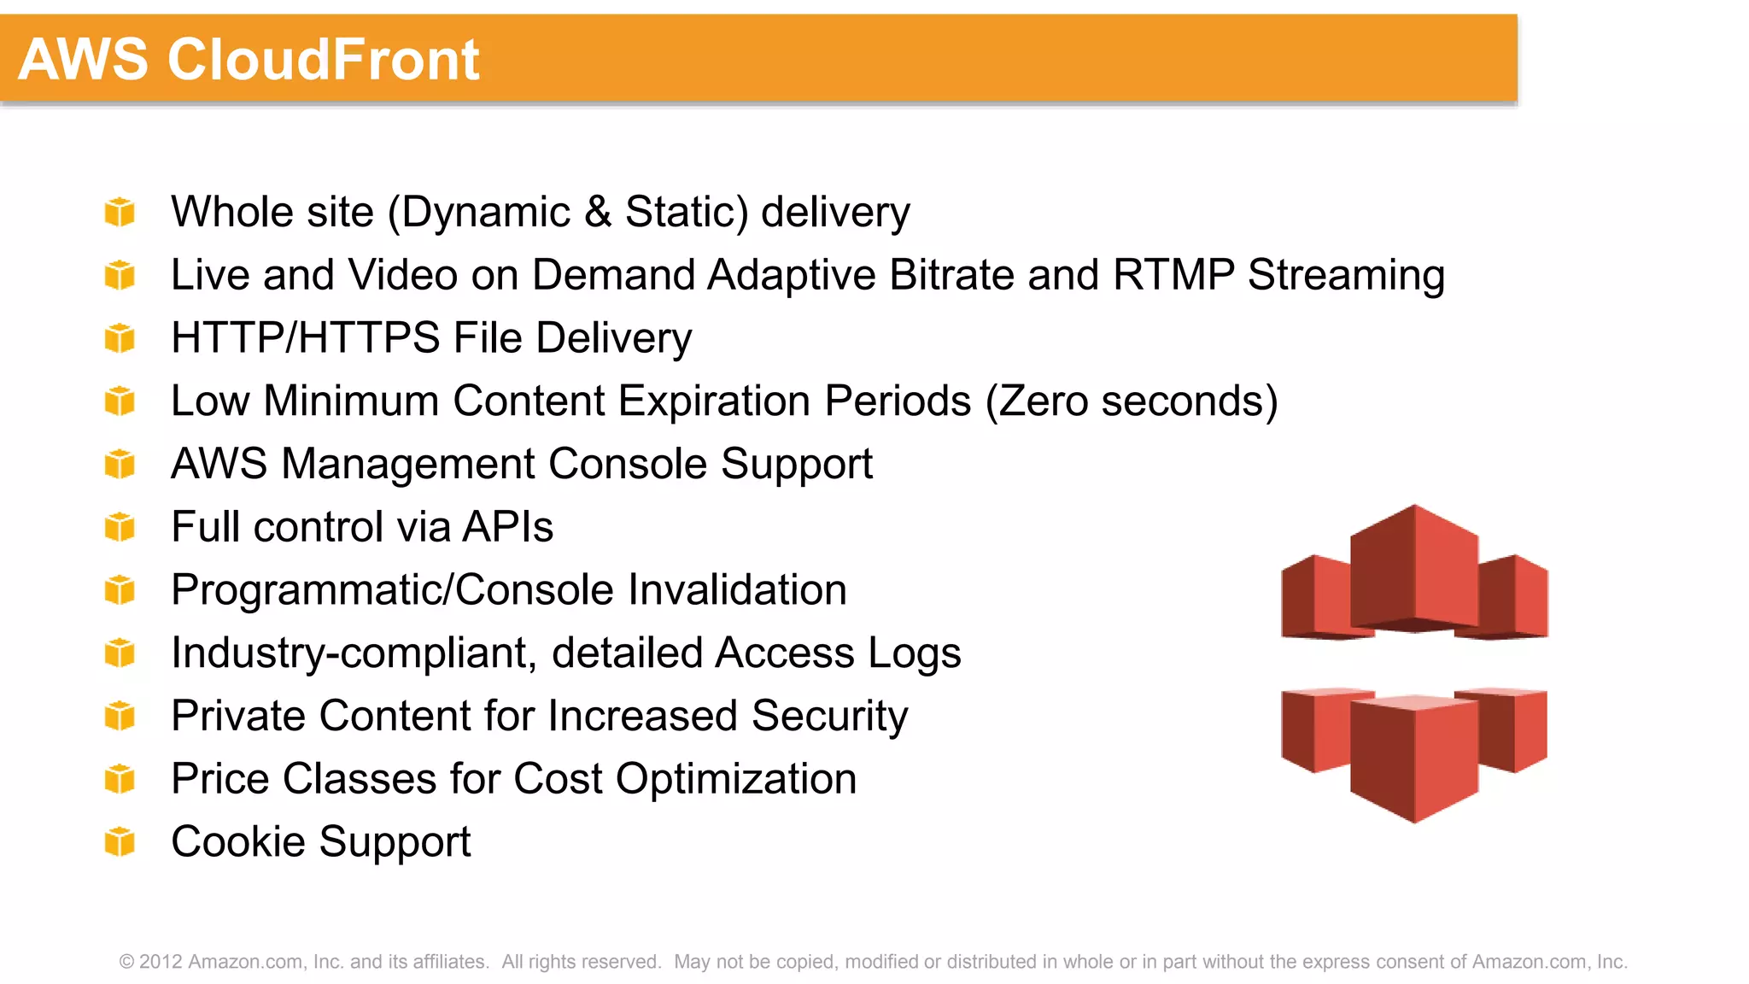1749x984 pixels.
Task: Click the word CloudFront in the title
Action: click(323, 60)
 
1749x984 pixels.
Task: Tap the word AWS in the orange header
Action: click(83, 60)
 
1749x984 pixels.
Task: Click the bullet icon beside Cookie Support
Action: click(120, 841)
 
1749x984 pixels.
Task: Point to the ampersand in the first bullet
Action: click(598, 212)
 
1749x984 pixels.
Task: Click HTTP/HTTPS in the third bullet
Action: click(305, 338)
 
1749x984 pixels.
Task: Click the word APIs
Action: click(507, 527)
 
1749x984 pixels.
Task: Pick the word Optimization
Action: click(735, 779)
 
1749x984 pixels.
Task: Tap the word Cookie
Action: click(238, 842)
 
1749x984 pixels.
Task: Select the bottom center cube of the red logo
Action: click(1414, 756)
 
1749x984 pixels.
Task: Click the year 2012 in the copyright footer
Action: click(161, 962)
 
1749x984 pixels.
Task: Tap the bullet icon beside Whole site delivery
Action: click(120, 212)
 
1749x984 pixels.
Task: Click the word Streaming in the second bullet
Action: click(1346, 275)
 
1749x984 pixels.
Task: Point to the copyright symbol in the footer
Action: click(127, 962)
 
